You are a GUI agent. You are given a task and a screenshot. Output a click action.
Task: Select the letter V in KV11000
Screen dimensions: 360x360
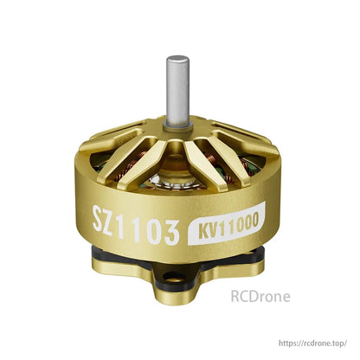203,232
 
